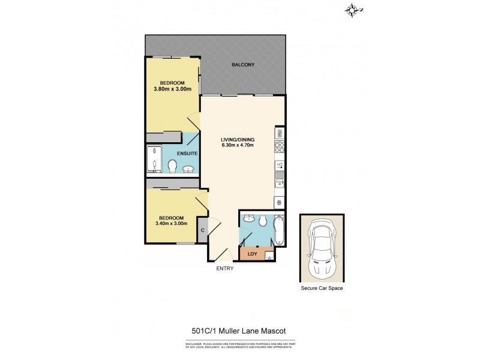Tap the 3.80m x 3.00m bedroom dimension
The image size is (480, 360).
pyautogui.click(x=172, y=89)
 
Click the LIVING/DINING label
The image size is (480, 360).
pyautogui.click(x=238, y=139)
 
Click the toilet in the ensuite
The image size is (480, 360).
pyautogui.click(x=172, y=166)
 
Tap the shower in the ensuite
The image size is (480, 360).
pyautogui.click(x=154, y=161)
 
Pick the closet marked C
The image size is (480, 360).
pyautogui.click(x=203, y=230)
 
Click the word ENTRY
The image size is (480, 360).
pyautogui.click(x=224, y=268)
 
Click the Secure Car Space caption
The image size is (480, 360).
pyautogui.click(x=322, y=289)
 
